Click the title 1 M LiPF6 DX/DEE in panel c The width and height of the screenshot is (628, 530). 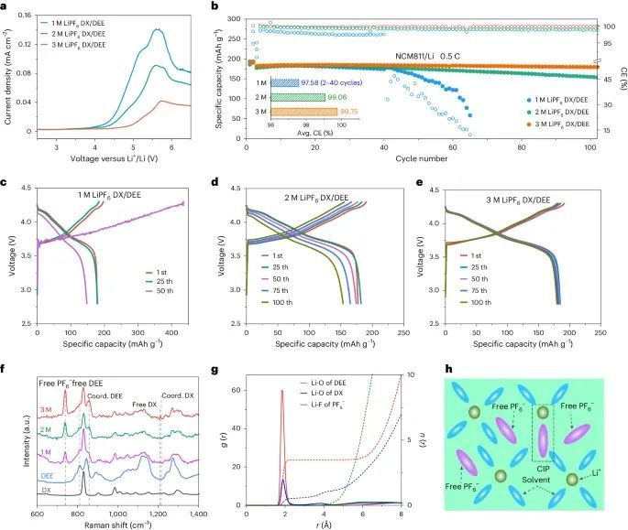tap(114, 195)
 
